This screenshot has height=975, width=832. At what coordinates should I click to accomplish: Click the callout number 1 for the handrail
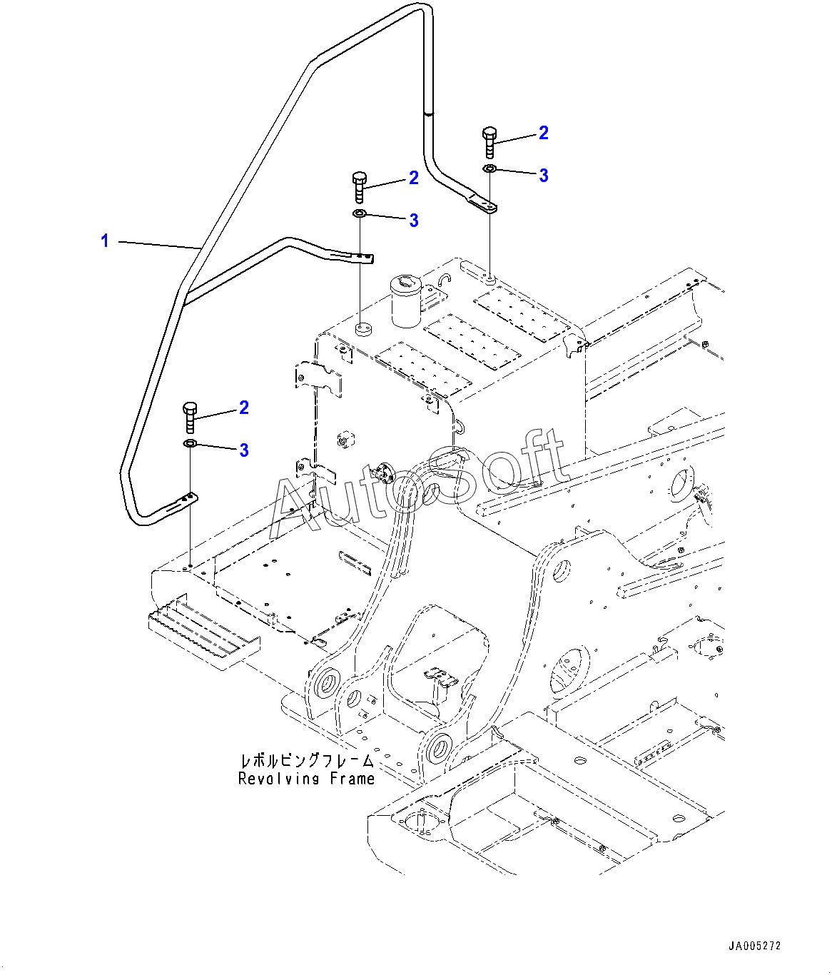click(105, 241)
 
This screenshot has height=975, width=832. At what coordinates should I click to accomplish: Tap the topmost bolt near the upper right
click(489, 143)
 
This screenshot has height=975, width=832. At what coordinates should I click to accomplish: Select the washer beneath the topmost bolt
click(489, 168)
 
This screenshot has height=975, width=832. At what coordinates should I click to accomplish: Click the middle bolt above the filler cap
click(360, 188)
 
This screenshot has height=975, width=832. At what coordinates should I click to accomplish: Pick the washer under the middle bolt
click(360, 213)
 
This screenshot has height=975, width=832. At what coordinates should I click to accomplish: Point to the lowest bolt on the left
click(190, 418)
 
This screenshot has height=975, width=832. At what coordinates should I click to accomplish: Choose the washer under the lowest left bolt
click(190, 443)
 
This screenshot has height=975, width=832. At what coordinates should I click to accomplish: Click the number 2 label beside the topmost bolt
click(543, 133)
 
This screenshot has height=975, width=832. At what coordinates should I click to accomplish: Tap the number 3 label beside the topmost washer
click(544, 176)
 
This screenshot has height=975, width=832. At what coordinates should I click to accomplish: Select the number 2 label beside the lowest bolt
click(244, 408)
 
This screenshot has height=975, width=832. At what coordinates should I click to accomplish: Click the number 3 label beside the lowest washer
click(244, 450)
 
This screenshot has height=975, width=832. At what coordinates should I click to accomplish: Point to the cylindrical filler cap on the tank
click(405, 301)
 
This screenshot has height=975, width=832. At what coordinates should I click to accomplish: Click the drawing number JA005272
click(755, 946)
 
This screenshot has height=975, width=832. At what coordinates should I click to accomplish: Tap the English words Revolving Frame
click(306, 778)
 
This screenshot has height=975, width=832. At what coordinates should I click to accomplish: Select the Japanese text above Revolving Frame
click(307, 760)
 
